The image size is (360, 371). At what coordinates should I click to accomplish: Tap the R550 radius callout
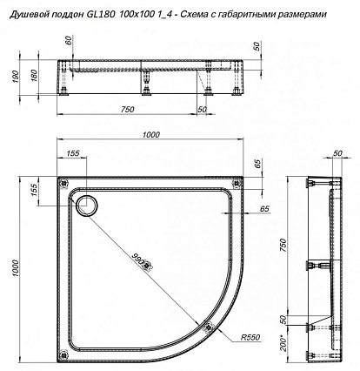[x=250, y=337]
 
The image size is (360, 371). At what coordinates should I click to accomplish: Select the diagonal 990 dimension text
[x=138, y=259]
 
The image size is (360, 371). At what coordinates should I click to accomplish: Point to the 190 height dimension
[x=17, y=77]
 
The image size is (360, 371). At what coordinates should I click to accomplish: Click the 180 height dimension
[x=34, y=76]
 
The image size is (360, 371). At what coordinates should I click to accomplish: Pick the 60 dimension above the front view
[x=69, y=41]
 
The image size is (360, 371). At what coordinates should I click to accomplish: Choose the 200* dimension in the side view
[x=284, y=343]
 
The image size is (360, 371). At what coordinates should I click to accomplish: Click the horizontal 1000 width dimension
[x=150, y=135]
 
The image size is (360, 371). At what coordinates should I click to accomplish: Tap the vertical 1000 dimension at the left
[x=16, y=268]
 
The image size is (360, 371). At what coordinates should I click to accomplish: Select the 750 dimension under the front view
[x=128, y=109]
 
